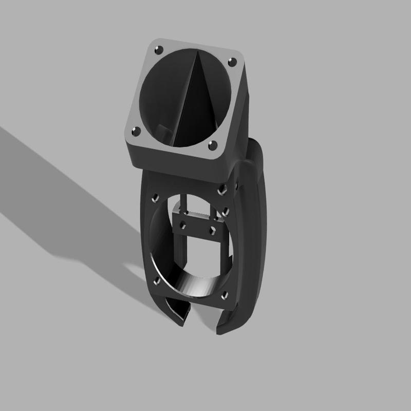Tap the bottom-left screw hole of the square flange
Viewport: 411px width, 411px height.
tap(137, 131)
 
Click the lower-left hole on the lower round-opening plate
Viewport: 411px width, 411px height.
tap(156, 280)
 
